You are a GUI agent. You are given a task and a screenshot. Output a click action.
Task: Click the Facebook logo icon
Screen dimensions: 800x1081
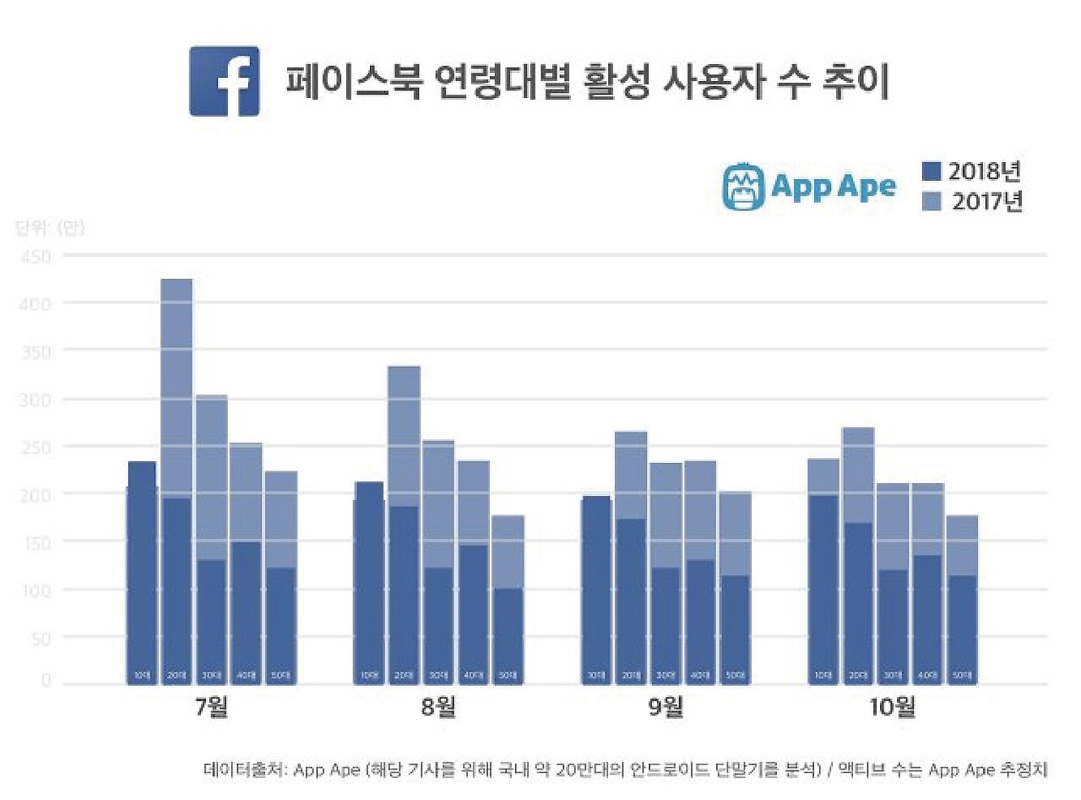tap(224, 81)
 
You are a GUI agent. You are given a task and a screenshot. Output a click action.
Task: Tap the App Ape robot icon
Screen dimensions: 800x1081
tap(742, 187)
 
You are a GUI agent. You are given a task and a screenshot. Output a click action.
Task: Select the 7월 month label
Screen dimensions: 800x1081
tap(211, 706)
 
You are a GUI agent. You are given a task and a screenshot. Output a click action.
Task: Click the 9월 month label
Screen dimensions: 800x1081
tap(665, 706)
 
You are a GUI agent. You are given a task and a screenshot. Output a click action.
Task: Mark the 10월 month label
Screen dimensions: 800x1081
tap(893, 706)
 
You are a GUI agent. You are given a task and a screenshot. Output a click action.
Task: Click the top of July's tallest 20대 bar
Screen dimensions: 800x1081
tap(177, 281)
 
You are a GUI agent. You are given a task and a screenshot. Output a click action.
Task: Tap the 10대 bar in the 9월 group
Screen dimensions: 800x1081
tap(597, 591)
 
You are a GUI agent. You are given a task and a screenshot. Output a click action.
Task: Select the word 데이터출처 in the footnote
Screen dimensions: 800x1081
tap(242, 770)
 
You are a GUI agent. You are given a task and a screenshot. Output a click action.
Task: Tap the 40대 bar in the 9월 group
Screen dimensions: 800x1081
tap(700, 591)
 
